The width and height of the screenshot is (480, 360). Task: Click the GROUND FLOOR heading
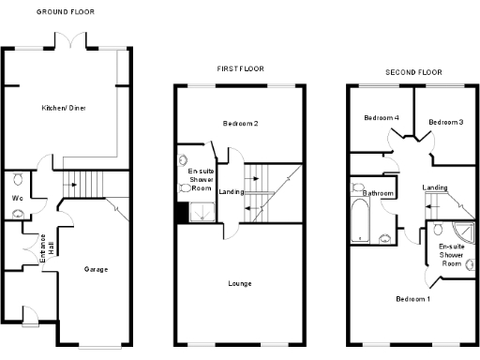tap(65, 11)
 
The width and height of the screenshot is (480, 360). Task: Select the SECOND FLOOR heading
tap(413, 72)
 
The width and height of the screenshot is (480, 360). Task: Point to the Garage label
tap(95, 270)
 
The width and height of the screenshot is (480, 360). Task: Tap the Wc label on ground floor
tap(17, 199)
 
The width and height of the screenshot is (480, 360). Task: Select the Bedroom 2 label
tap(241, 124)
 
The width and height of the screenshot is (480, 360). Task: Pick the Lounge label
tap(241, 282)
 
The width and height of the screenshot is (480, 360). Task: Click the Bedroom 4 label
tap(382, 118)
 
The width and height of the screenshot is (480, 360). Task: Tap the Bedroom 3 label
tap(445, 123)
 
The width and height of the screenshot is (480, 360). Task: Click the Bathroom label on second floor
tap(378, 193)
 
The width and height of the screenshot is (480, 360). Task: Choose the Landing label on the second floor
tap(435, 187)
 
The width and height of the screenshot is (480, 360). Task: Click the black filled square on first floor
tap(182, 213)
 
